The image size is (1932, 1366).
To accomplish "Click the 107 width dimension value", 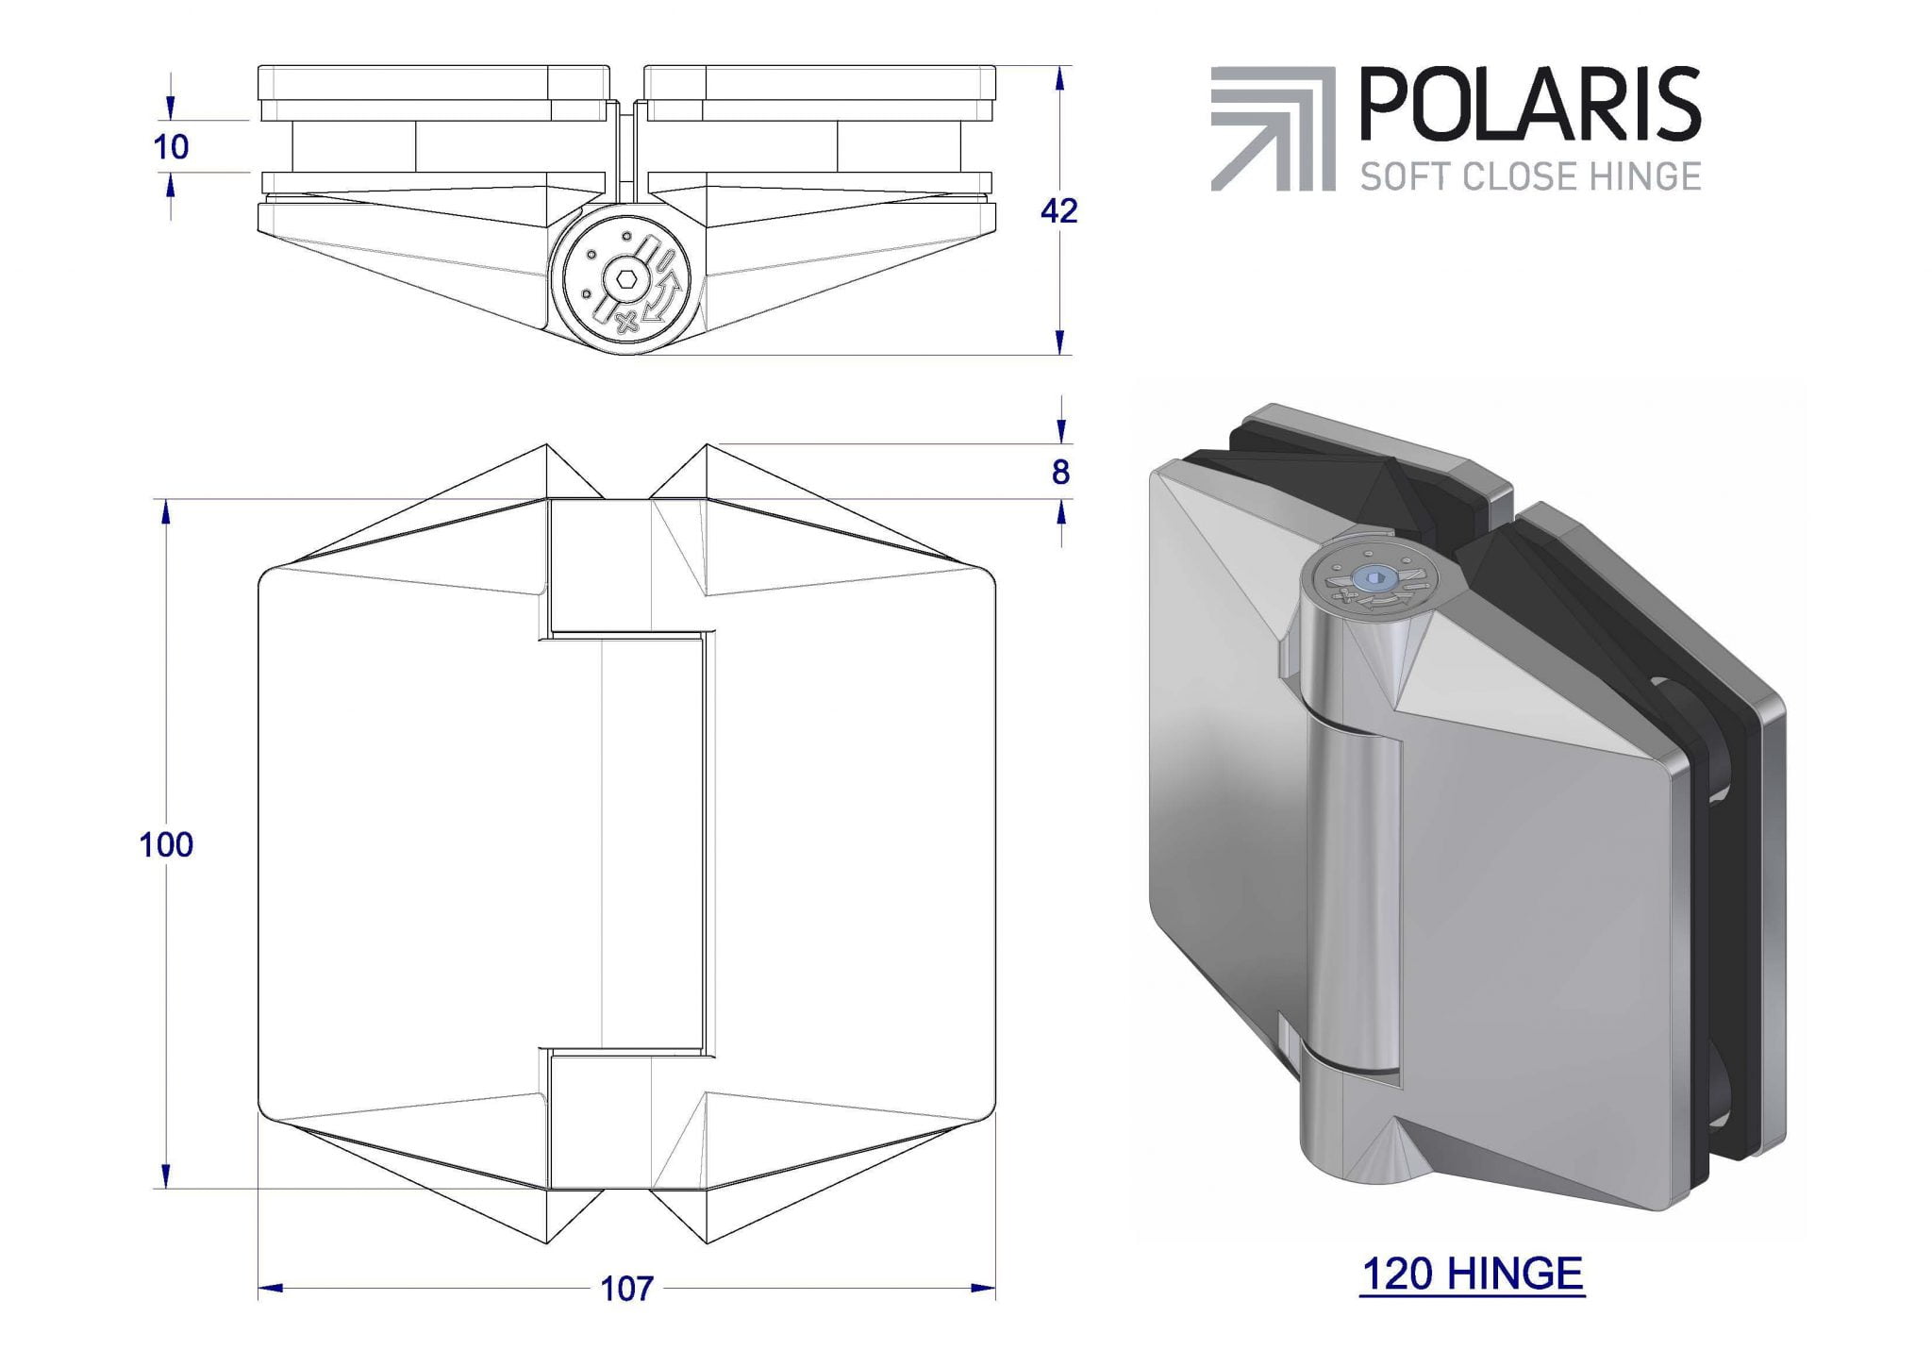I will coord(627,1289).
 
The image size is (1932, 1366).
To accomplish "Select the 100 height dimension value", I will coord(166,845).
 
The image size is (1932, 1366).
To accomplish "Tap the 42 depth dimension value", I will coord(1058,211).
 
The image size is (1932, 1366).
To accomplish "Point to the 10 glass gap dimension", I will coord(171,147).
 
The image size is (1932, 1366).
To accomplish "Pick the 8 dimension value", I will coord(1060,473).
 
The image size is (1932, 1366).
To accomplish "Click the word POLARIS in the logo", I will coord(1528,106).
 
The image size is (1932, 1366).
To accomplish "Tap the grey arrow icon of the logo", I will coord(1272,128).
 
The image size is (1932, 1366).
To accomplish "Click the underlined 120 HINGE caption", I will coord(1472,1274).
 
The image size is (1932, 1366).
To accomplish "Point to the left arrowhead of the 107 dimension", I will coord(270,1288).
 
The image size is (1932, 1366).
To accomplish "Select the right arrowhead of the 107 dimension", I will coord(984,1288).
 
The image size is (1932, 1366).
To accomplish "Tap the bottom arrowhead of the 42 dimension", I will coord(1060,341).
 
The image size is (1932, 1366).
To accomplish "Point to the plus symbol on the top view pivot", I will coord(624,324).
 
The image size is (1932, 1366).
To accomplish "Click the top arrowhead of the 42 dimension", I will coord(1060,78).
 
